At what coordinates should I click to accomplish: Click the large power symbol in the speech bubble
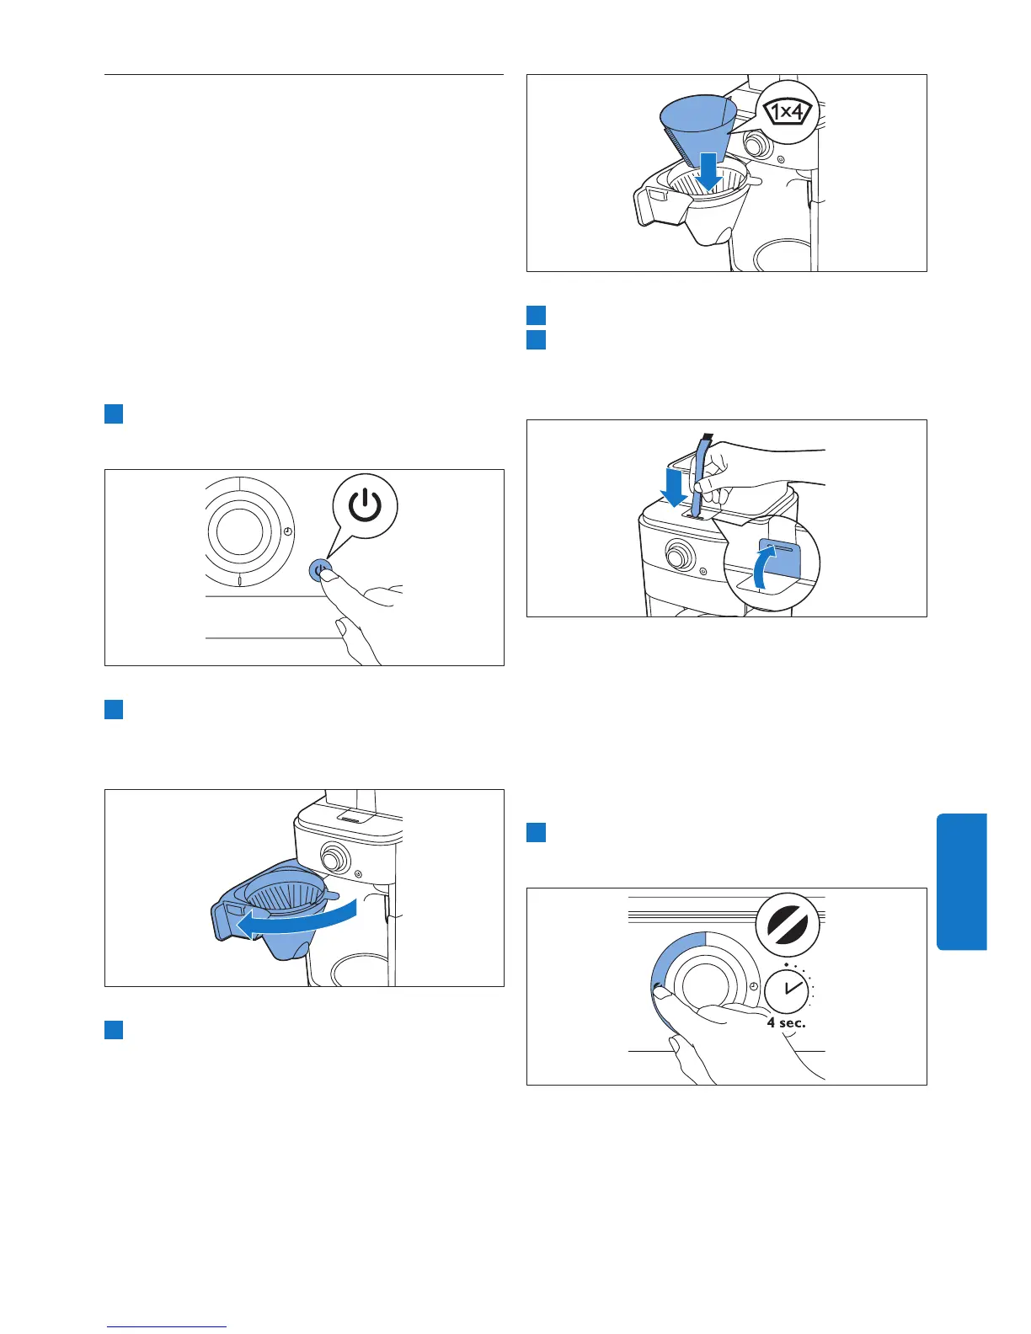(365, 507)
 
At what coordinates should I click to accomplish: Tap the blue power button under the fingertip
(318, 570)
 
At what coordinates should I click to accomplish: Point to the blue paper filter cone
(698, 126)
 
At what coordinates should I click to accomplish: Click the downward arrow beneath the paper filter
(709, 171)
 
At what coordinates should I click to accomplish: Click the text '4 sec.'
(786, 1023)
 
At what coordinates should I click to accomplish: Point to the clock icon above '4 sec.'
(787, 989)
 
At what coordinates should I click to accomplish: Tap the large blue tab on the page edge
(961, 881)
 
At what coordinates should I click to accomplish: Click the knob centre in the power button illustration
(239, 531)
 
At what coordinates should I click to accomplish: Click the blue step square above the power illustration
(114, 414)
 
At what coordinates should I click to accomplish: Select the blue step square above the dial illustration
(536, 833)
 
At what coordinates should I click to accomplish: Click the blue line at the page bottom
(167, 1326)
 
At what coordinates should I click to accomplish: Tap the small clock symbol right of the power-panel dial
(288, 531)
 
